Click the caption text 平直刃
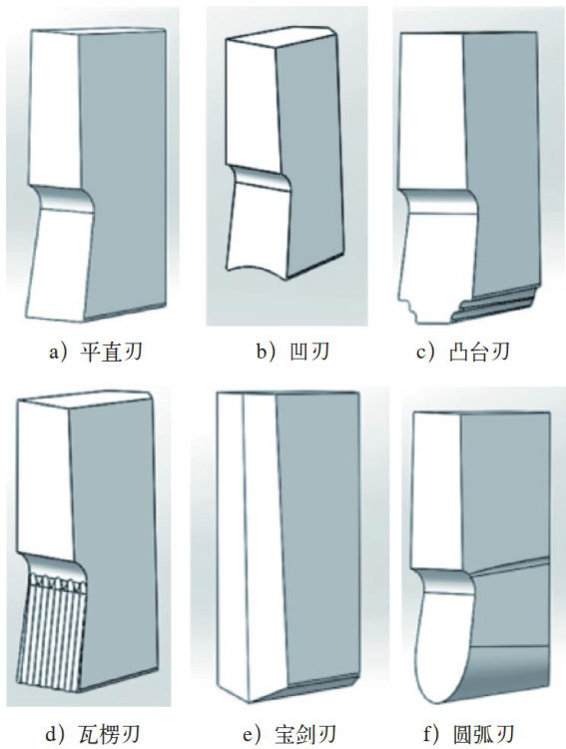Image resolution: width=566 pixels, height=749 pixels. pos(112,353)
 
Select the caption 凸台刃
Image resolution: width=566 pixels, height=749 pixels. pos(479,353)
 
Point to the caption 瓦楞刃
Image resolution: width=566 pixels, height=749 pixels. pos(111,735)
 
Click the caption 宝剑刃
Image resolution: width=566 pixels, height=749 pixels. pos(306,735)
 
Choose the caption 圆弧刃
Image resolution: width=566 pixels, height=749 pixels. pos(483,735)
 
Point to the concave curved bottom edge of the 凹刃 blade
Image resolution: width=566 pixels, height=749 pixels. pos(257,270)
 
